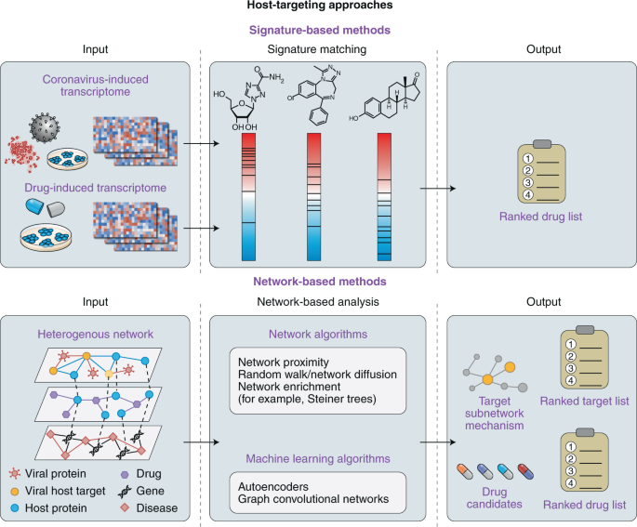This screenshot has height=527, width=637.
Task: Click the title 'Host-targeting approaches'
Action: [319, 8]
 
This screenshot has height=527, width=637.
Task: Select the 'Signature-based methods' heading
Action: [319, 30]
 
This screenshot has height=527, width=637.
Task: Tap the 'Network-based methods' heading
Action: [319, 281]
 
